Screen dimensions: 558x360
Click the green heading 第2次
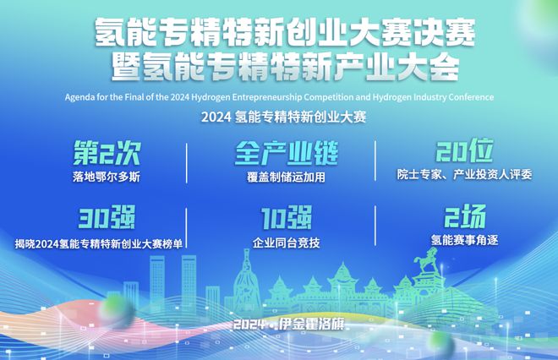(107, 153)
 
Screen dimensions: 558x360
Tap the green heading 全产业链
(287, 153)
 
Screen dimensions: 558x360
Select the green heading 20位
(465, 150)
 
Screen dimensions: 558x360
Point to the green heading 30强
(107, 217)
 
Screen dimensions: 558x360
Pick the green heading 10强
(287, 217)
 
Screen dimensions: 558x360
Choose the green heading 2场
(465, 216)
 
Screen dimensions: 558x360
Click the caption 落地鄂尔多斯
(107, 177)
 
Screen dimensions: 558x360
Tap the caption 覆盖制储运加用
(286, 177)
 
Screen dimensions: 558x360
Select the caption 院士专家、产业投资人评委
(465, 174)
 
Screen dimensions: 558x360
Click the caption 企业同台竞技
(286, 243)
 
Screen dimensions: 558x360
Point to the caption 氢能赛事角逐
(465, 240)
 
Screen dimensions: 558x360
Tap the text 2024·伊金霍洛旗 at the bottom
(289, 324)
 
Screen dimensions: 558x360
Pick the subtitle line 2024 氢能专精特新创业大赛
(283, 117)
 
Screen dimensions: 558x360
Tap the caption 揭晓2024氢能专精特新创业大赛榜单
(99, 243)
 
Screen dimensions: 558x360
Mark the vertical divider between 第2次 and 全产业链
(187, 163)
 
